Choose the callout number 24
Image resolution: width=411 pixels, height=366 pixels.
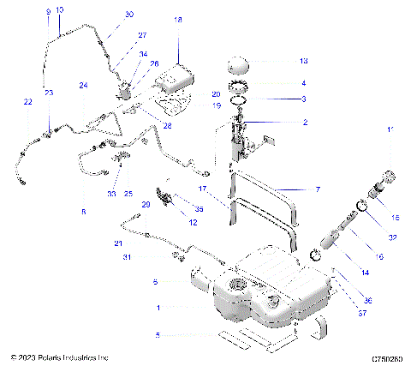84,86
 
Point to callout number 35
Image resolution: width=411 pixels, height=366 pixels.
200,208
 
